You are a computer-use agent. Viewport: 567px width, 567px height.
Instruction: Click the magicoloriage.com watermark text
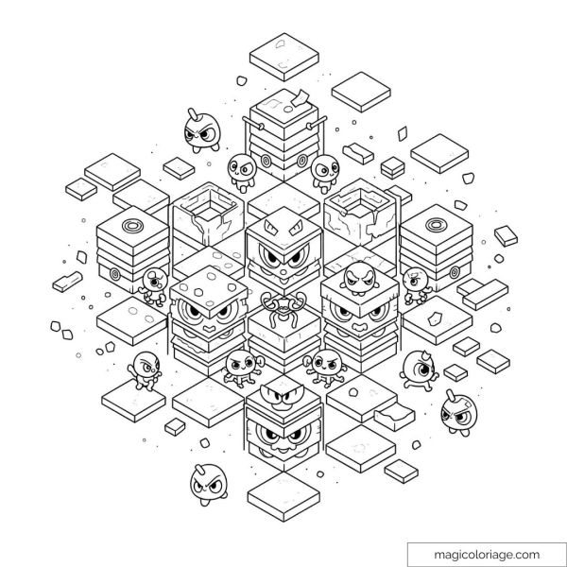point(487,555)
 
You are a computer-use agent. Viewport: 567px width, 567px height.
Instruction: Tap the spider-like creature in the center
point(283,307)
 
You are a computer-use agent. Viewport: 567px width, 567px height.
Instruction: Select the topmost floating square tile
point(284,57)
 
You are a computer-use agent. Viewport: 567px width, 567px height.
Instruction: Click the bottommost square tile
point(283,496)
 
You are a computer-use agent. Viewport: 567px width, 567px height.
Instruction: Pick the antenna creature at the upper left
point(201,130)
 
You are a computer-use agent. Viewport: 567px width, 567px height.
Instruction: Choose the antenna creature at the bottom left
point(209,485)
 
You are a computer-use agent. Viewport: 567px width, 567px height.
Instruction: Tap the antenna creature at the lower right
point(458,413)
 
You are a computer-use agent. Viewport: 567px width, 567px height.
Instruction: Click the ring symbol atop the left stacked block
point(132,226)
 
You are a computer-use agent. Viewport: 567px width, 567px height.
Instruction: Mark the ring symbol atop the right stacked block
point(437,225)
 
